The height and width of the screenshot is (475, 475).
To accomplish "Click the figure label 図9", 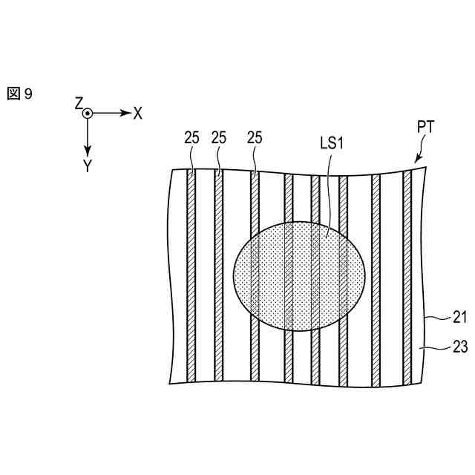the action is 20,94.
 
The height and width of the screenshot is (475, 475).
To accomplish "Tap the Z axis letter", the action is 79,103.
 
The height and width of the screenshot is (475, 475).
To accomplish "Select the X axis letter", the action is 137,114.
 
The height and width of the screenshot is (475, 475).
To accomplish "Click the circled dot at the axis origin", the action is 88,114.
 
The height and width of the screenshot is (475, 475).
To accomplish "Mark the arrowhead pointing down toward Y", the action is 88,147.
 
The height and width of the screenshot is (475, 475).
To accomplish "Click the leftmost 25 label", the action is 192,137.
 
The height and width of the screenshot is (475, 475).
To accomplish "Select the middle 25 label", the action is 219,137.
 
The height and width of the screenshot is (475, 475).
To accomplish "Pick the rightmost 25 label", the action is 255,137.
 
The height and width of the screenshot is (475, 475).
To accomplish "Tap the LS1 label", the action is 332,142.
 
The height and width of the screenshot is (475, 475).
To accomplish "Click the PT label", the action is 425,127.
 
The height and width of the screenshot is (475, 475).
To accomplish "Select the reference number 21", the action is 459,318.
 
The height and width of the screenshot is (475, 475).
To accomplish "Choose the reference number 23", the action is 459,344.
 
